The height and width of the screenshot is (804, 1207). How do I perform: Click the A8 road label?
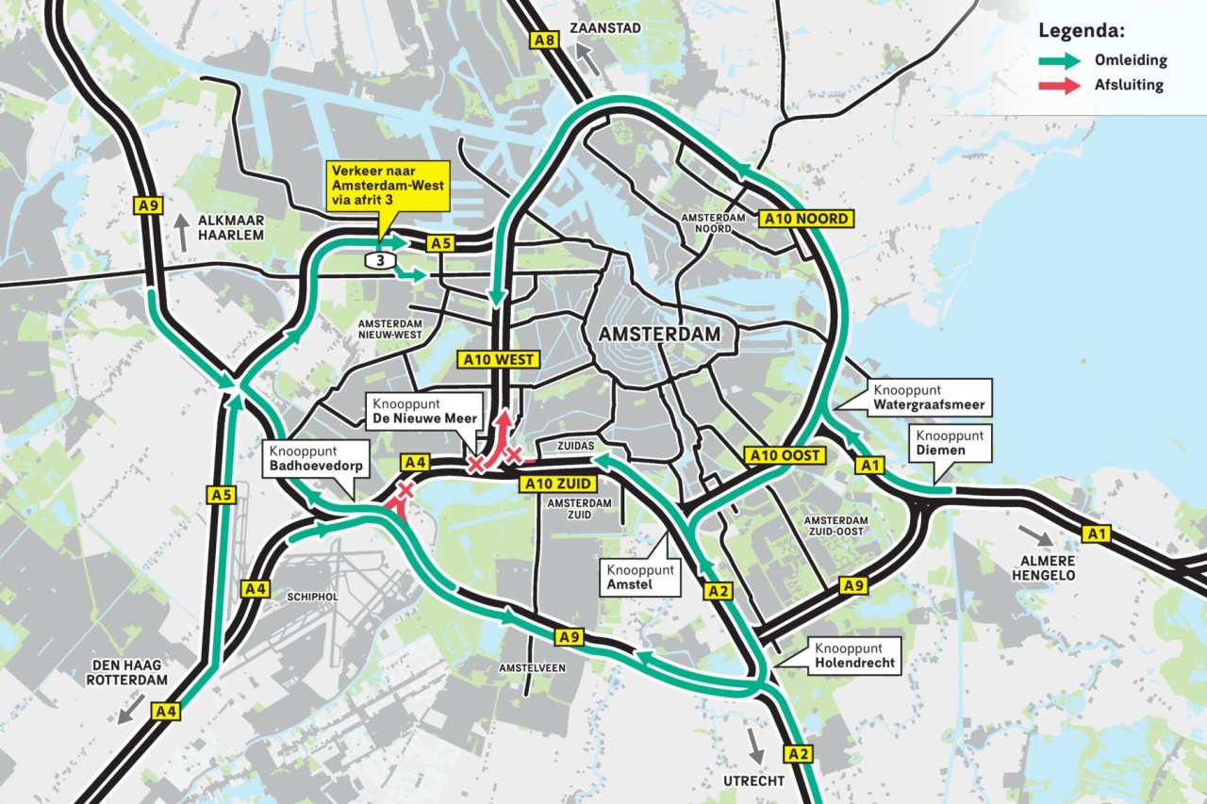pos(544,40)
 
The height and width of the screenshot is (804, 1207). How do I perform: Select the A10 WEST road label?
pos(498,359)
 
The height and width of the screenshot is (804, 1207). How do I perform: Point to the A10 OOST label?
pos(786,455)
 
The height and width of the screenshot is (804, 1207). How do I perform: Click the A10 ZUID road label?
pos(557,484)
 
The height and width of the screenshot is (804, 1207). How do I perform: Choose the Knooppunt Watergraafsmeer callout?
pos(929,397)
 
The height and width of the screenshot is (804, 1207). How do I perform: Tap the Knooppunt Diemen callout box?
pos(950,443)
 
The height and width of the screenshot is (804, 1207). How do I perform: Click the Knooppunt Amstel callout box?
pos(640,578)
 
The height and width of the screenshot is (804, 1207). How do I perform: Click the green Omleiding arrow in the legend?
pos(1058,60)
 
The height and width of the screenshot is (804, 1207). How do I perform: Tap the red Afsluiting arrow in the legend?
pos(1058,86)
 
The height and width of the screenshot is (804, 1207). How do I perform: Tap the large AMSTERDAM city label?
pos(659,335)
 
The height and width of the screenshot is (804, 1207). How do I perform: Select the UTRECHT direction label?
pos(753,781)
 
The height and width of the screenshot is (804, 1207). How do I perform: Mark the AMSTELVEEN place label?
pos(532,667)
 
